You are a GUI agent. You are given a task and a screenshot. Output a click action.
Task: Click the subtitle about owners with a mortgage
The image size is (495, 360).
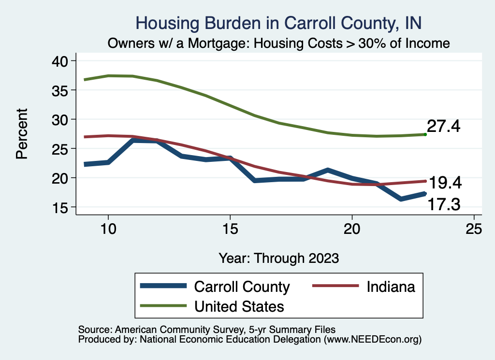pyautogui.click(x=279, y=43)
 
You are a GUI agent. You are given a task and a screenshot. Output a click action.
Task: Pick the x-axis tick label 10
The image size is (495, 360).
pyautogui.click(x=108, y=229)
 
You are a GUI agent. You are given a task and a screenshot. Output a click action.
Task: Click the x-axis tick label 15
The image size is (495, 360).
pyautogui.click(x=230, y=229)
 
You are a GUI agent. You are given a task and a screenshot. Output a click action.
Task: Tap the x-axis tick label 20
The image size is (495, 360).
pyautogui.click(x=352, y=229)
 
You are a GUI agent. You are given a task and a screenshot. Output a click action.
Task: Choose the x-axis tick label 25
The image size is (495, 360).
pyautogui.click(x=474, y=229)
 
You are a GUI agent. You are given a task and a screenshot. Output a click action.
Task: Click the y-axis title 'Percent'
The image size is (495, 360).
pyautogui.click(x=21, y=134)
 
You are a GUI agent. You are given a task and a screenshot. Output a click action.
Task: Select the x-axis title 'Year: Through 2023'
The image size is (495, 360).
pyautogui.click(x=278, y=258)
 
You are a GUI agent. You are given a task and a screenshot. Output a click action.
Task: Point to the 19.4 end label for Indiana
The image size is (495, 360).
pyautogui.click(x=445, y=183)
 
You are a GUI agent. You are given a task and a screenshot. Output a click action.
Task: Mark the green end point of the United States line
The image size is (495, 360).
pyautogui.click(x=425, y=134)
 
